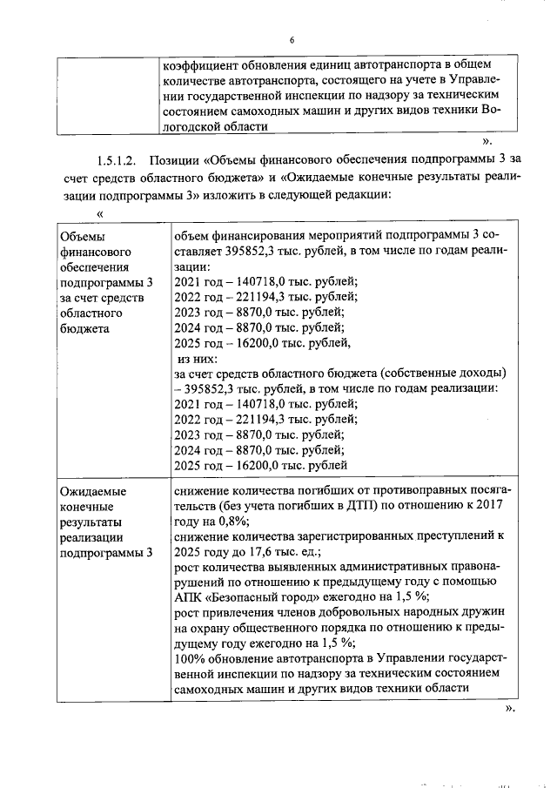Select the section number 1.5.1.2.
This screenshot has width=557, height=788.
tap(117, 160)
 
